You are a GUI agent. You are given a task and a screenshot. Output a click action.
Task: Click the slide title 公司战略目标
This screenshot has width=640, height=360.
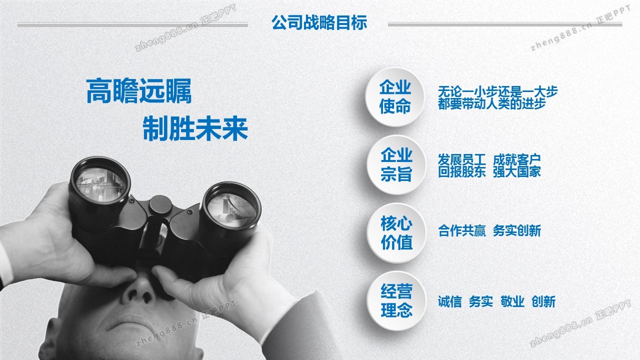pyautogui.click(x=319, y=22)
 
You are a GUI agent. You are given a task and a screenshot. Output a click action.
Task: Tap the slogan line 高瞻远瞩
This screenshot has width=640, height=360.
pyautogui.click(x=139, y=91)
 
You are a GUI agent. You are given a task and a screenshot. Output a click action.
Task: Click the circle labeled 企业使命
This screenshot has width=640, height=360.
pyautogui.click(x=395, y=97)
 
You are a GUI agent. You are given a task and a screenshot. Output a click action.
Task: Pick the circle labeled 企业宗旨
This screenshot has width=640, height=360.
pyautogui.click(x=396, y=165)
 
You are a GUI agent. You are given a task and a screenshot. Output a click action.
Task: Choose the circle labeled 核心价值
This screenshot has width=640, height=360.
pyautogui.click(x=396, y=233)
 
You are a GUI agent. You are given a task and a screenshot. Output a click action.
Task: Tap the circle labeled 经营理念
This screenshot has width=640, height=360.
pyautogui.click(x=396, y=301)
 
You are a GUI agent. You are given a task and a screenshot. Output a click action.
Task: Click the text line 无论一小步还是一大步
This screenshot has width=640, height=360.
pyautogui.click(x=497, y=91)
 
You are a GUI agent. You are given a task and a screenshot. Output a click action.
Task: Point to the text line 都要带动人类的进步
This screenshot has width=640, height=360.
pyautogui.click(x=491, y=103)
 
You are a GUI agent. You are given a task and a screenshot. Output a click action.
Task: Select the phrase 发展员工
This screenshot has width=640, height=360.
pyautogui.click(x=461, y=159)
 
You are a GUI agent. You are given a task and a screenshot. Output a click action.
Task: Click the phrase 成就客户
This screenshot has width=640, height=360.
pyautogui.click(x=517, y=159)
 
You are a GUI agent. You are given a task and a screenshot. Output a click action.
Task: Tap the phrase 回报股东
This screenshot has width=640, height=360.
pyautogui.click(x=461, y=171)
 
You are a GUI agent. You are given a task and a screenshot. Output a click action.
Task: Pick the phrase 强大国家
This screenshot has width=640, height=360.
pyautogui.click(x=517, y=171)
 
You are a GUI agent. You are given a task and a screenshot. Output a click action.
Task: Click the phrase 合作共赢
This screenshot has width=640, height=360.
pyautogui.click(x=461, y=231)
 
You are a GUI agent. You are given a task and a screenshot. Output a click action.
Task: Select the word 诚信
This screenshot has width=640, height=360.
pyautogui.click(x=449, y=301)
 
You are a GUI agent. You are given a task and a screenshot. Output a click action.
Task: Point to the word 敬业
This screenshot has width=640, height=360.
pyautogui.click(x=512, y=301)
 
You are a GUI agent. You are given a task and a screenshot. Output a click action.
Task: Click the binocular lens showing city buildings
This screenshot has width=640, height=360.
pyautogui.click(x=100, y=184)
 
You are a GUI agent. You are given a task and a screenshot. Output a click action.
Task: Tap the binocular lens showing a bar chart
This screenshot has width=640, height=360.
pyautogui.click(x=231, y=209)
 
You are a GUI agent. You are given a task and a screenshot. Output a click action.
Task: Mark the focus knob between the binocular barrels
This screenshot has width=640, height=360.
pyautogui.click(x=160, y=205)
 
